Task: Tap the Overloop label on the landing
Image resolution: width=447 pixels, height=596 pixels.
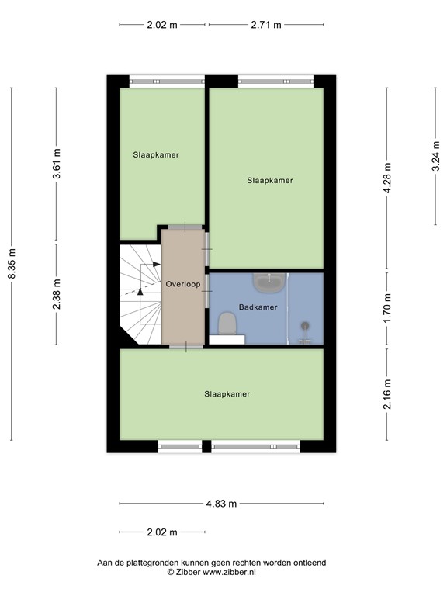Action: (183, 284)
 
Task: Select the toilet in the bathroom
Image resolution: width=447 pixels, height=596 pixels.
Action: (227, 323)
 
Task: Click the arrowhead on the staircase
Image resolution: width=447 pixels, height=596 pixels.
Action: (140, 292)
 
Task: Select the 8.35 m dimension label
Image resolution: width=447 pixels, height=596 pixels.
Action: (12, 264)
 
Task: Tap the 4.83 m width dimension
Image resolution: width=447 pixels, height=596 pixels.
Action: (221, 504)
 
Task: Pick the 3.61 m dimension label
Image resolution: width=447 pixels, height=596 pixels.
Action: (57, 165)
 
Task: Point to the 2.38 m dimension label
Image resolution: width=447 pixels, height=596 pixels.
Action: (57, 294)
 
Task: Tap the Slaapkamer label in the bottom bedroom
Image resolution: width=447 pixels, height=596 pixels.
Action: (227, 394)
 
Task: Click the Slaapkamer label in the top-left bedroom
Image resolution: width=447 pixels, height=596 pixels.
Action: (156, 154)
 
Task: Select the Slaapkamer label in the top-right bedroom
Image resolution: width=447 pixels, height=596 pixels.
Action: (270, 180)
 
